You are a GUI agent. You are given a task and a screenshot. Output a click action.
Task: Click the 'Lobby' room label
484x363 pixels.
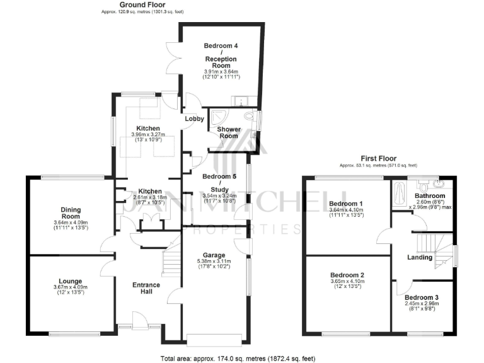tap(194, 118)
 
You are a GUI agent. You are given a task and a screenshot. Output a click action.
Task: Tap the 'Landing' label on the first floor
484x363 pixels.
tap(420, 257)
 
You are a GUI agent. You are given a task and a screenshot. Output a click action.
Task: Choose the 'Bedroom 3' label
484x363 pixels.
tap(422, 297)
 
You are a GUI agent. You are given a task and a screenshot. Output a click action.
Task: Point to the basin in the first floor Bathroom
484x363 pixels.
tap(439, 184)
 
